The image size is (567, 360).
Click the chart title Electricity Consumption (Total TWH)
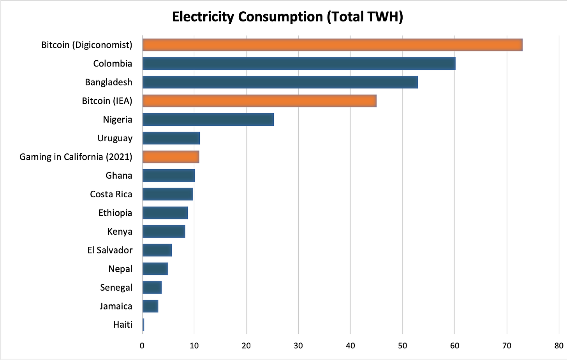[287, 17]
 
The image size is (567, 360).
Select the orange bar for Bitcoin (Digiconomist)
[332, 45]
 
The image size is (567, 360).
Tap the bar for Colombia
[299, 63]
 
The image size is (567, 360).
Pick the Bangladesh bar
[280, 82]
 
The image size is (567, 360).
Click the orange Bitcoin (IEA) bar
[259, 101]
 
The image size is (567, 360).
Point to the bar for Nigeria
[208, 119]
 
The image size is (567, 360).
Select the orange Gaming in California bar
[171, 157]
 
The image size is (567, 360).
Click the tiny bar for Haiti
[143, 325]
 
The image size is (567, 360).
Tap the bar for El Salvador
[157, 250]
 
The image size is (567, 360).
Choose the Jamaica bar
[150, 306]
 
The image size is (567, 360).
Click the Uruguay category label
[115, 138]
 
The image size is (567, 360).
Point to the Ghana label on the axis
[119, 176]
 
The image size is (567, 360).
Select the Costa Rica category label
[111, 194]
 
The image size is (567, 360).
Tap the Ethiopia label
[115, 213]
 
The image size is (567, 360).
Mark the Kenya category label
[120, 232]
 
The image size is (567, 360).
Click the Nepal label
[120, 269]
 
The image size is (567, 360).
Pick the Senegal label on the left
[116, 288]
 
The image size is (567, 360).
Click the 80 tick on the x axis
[559, 346]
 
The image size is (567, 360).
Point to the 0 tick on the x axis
[142, 346]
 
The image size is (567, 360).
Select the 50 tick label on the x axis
[403, 346]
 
